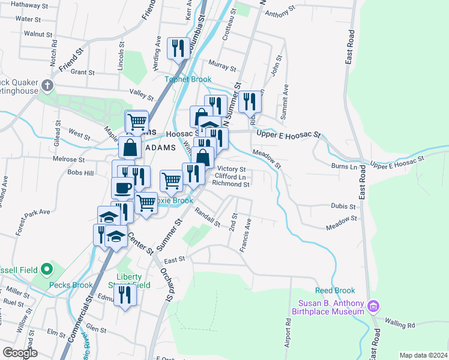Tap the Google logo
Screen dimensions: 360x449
pyautogui.click(x=20, y=353)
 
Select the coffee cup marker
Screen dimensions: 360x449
pyautogui.click(x=123, y=187)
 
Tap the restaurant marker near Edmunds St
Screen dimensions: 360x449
pyautogui.click(x=125, y=295)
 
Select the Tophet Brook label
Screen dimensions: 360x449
pyautogui.click(x=189, y=79)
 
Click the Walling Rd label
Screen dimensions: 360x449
pyautogui.click(x=400, y=325)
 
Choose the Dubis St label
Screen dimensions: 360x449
pyautogui.click(x=343, y=206)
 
